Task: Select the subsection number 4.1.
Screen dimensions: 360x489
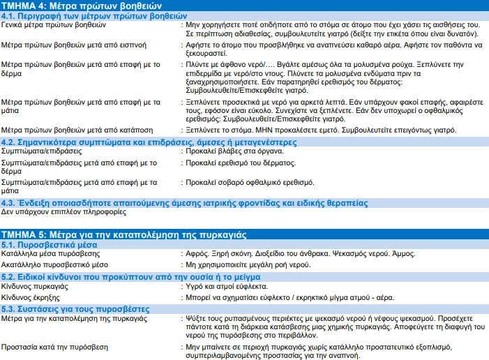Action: click(9, 15)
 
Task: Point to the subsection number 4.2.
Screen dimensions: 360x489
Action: click(9, 142)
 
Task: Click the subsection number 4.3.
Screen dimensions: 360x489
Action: click(9, 202)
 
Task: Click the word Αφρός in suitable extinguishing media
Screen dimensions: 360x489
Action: click(198, 255)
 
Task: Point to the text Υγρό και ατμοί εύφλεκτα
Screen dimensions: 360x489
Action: click(227, 287)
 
